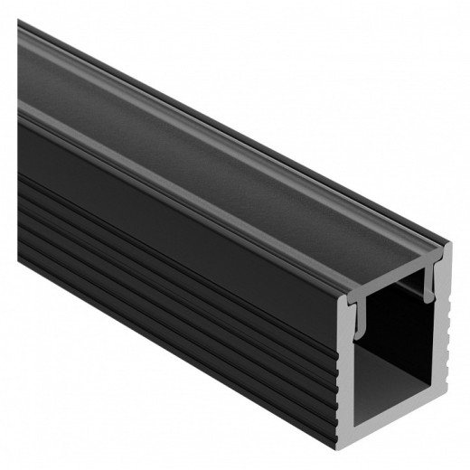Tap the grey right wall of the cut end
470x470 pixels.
[442, 362]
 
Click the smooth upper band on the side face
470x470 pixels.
[181, 208]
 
